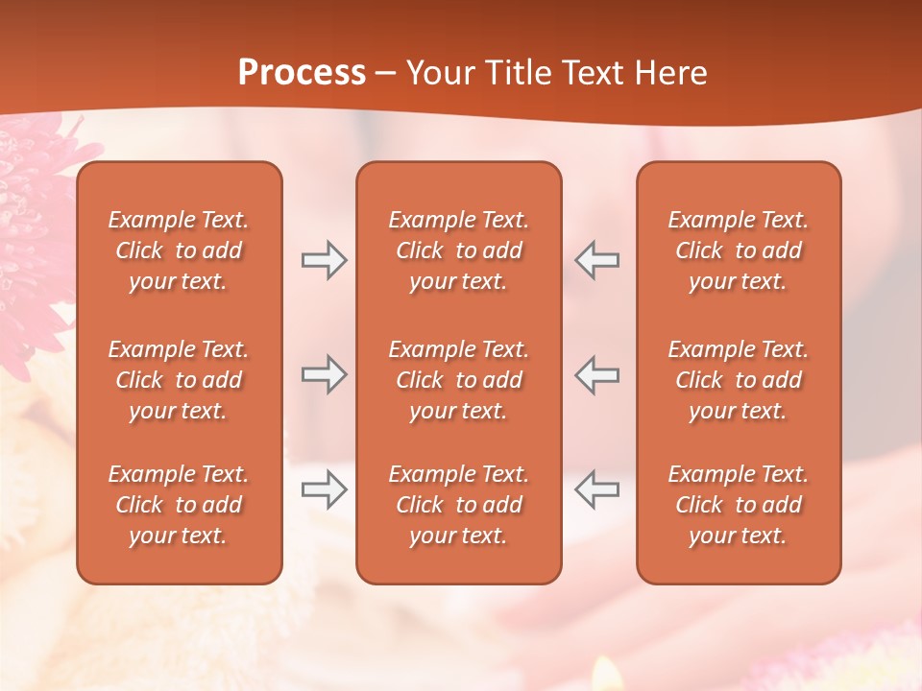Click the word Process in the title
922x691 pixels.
click(302, 73)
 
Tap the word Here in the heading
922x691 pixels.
click(668, 73)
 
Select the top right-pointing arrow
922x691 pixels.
click(324, 260)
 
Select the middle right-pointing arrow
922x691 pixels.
click(324, 374)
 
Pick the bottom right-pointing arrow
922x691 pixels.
click(324, 489)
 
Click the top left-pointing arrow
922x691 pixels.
click(596, 260)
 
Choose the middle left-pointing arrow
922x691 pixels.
click(596, 374)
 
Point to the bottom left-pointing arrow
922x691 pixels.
click(596, 489)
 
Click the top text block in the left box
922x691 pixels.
click(179, 250)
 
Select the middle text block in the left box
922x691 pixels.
click(179, 380)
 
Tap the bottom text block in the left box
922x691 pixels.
click(179, 505)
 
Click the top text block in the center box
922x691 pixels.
click(458, 250)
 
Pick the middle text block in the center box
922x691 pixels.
click(458, 380)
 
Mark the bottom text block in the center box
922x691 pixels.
click(458, 505)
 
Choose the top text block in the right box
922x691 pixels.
click(738, 250)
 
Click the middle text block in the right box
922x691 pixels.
click(738, 380)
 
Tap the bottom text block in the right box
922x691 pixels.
click(738, 505)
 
